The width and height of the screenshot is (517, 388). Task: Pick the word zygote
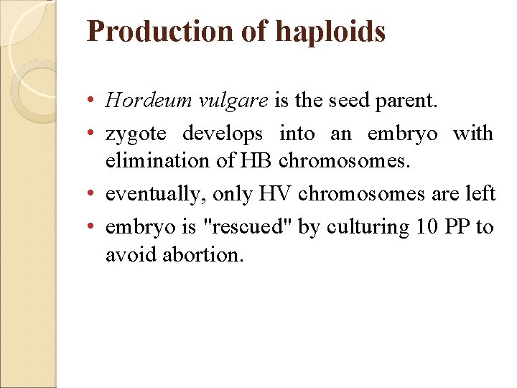[x=135, y=134]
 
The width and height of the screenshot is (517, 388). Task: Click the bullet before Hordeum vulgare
[x=95, y=101]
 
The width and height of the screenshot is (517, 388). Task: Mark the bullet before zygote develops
[x=95, y=134]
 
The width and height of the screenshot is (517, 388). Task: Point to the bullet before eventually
[x=95, y=194]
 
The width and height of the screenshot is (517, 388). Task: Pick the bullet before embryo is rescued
[x=95, y=226]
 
